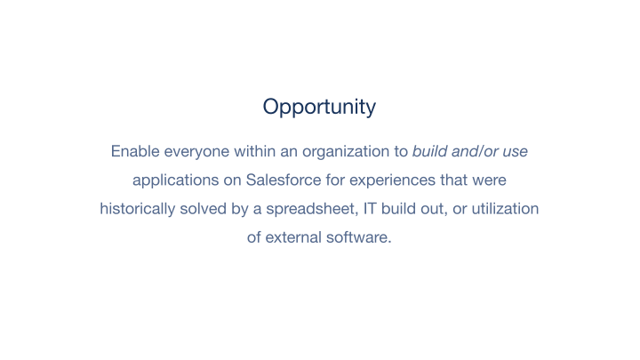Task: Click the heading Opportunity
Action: point(319,108)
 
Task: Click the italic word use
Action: point(515,151)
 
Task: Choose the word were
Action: point(489,180)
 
